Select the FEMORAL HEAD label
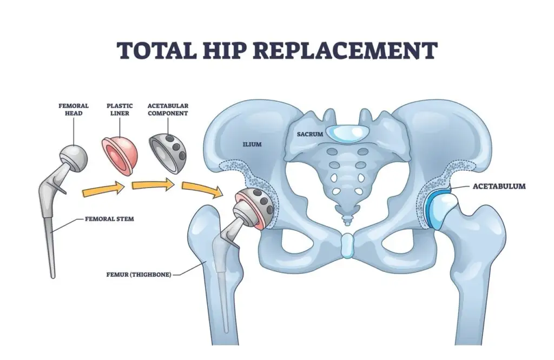[x=73, y=109]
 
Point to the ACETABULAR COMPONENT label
[x=168, y=109]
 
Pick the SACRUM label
[x=306, y=134]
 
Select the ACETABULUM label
[x=499, y=186]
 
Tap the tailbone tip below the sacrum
[x=345, y=219]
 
